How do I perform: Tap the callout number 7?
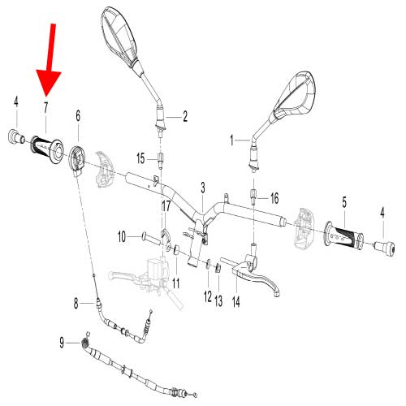click(x=46, y=106)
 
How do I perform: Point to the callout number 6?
click(x=78, y=116)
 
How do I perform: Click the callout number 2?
click(x=184, y=116)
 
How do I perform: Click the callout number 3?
click(x=202, y=188)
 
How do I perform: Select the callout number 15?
click(x=140, y=158)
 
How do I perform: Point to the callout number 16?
click(x=274, y=197)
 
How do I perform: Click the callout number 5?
click(x=343, y=201)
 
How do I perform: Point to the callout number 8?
click(x=77, y=304)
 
